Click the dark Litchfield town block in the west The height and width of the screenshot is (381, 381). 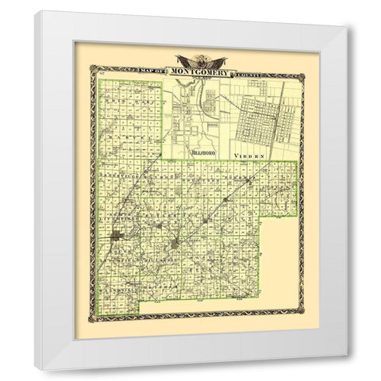pyautogui.click(x=117, y=237)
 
